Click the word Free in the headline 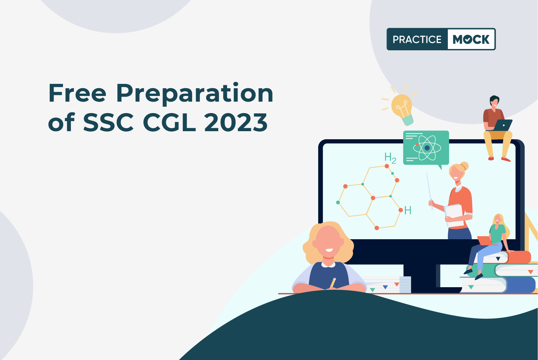click(x=77, y=93)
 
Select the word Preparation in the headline click(x=194, y=94)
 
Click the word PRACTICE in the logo click(x=417, y=39)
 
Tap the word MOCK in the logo click(x=471, y=39)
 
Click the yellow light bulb click(x=402, y=109)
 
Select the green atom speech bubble click(x=426, y=148)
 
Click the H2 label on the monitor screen click(x=390, y=158)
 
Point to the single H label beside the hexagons click(x=408, y=210)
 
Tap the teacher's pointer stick click(x=429, y=191)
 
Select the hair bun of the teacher click(x=464, y=166)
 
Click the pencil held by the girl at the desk click(x=333, y=282)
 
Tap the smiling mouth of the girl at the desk click(x=329, y=250)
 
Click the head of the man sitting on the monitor click(x=494, y=101)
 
